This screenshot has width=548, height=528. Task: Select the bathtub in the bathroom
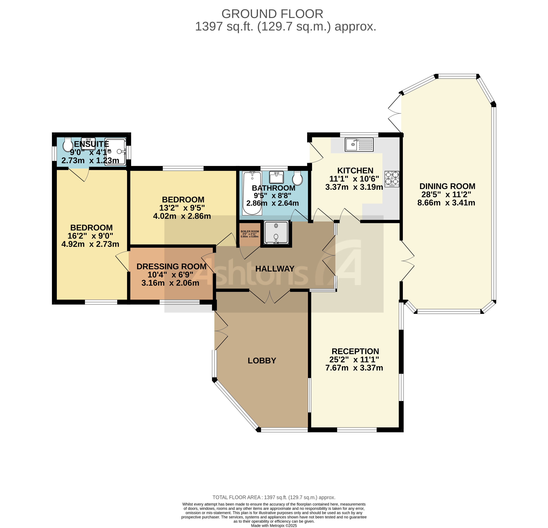[252, 193]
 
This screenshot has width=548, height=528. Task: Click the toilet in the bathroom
[298, 178]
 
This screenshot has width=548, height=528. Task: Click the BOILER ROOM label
[250, 231]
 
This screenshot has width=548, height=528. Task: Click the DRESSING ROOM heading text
[171, 266]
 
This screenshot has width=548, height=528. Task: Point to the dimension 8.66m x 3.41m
[446, 203]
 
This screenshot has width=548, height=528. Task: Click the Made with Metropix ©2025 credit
[274, 525]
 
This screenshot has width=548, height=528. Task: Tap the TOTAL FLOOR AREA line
[274, 497]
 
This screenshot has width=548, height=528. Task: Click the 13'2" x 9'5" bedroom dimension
[182, 208]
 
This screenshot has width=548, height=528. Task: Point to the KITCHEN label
[355, 170]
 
